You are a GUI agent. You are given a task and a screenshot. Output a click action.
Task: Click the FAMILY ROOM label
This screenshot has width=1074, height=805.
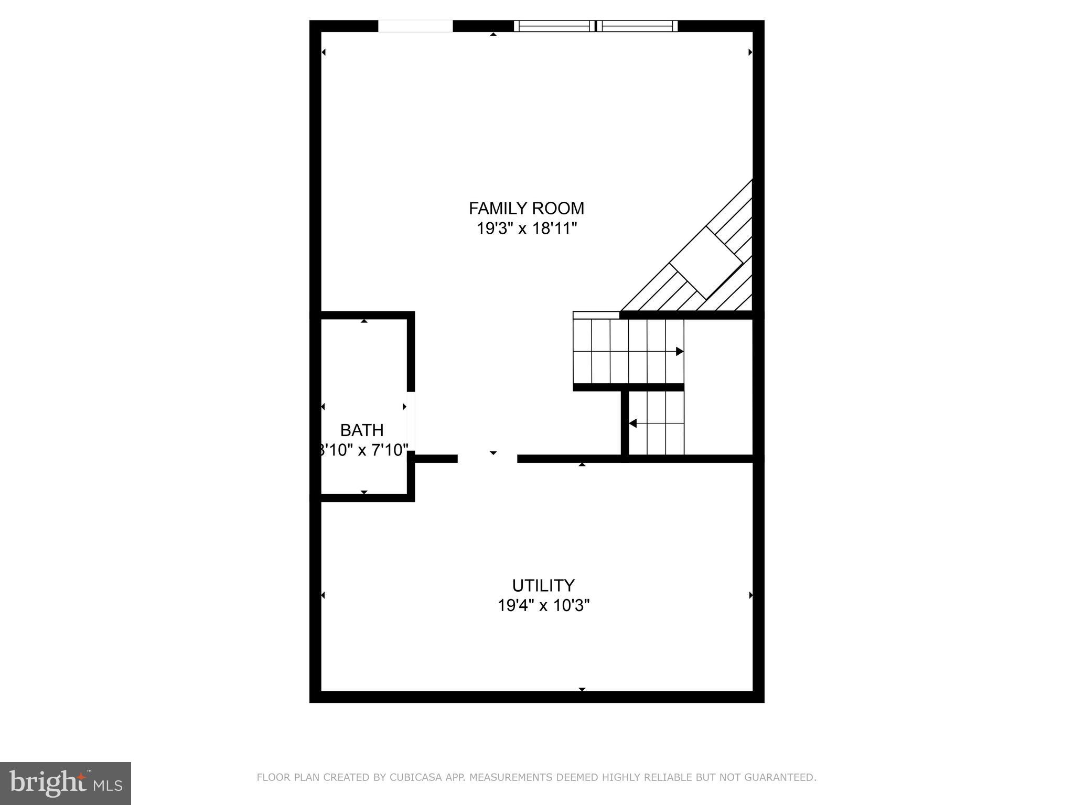pos(526,208)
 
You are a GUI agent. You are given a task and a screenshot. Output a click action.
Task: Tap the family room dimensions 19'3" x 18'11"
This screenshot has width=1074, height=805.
pos(527,229)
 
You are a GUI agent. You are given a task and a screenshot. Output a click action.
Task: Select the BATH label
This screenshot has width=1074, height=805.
pos(362,430)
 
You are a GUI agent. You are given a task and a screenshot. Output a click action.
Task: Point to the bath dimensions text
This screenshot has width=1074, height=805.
pos(363,450)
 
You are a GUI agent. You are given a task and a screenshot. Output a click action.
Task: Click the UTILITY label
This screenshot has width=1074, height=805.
pos(543,585)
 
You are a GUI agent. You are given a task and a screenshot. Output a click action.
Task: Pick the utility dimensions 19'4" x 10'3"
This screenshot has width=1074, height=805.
pos(543,606)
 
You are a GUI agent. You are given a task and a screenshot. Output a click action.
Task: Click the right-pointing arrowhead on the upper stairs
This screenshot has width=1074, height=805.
pos(679,351)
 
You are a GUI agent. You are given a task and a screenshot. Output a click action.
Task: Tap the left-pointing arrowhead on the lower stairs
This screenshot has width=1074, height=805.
pos(632,423)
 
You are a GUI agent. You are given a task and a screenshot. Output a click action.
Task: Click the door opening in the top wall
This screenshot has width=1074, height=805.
pos(415,26)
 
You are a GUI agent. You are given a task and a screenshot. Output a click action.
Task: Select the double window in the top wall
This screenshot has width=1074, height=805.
pos(595,26)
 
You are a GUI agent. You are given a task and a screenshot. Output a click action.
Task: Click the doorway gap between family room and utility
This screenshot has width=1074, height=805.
pos(487,459)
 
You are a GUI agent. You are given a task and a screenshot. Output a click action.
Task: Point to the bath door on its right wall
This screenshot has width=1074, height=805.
pos(412,423)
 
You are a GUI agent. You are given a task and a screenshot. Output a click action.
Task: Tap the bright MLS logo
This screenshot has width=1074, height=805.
pos(65,783)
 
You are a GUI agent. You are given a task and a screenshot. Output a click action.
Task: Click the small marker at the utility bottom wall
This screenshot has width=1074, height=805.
pos(582,689)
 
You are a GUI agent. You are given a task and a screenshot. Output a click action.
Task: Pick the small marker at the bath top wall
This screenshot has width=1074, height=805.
pos(364,321)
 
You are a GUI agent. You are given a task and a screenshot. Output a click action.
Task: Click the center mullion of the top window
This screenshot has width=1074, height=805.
pos(596,26)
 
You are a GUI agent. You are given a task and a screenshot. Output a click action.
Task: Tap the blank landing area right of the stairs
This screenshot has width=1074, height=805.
pos(718,388)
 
